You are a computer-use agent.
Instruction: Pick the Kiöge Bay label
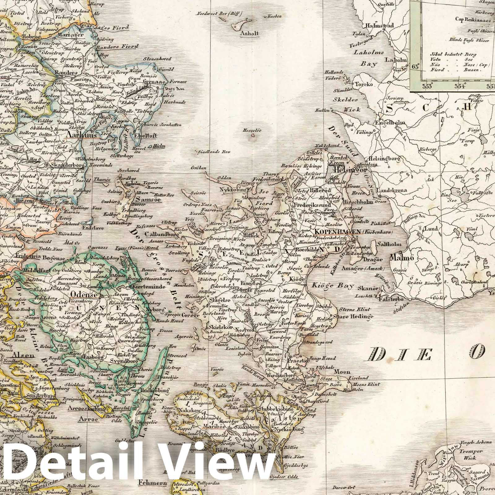coord(333,286)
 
